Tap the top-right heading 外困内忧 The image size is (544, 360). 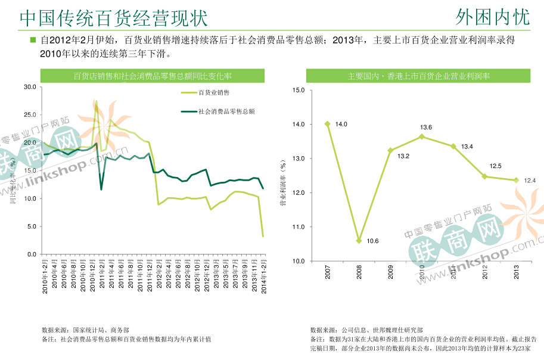(x=492, y=17)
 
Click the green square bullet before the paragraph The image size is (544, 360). (x=33, y=41)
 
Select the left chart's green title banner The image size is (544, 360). (x=152, y=76)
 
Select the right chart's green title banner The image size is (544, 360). (x=419, y=76)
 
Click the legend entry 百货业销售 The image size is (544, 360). (x=214, y=92)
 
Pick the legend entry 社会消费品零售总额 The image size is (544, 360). (x=226, y=111)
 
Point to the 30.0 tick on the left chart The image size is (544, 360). (x=30, y=87)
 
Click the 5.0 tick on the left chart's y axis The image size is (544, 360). (x=32, y=226)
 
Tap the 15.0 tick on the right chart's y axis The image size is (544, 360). (x=298, y=90)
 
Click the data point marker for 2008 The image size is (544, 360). (x=359, y=241)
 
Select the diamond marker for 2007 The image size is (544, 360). (x=327, y=124)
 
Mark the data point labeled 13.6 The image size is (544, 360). (x=422, y=136)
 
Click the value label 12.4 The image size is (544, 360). (x=530, y=180)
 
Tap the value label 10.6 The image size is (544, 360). (x=372, y=241)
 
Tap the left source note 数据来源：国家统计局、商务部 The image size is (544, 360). (x=85, y=330)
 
